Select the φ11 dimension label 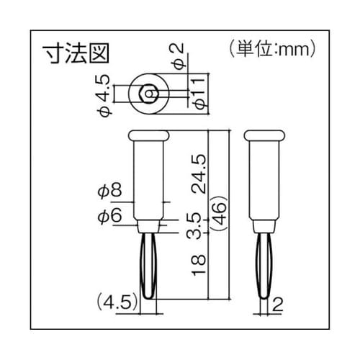pyautogui.click(x=201, y=93)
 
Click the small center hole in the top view pyautogui.click(x=148, y=92)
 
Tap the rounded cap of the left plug pyautogui.click(x=148, y=135)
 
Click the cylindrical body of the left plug pyautogui.click(x=148, y=180)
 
